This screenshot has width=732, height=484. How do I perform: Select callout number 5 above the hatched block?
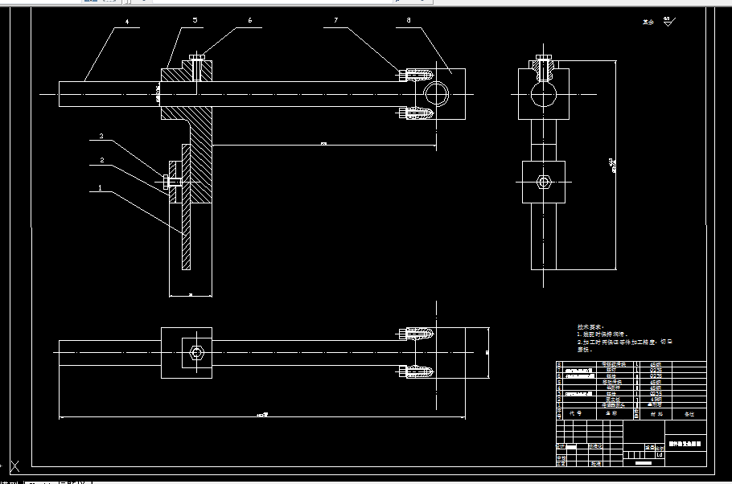coord(195,20)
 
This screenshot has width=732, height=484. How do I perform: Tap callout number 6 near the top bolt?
coord(249,20)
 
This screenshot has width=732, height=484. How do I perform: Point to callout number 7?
coord(335,20)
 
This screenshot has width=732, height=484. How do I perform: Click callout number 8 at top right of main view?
coord(409,20)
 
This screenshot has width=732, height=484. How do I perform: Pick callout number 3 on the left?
coord(101,137)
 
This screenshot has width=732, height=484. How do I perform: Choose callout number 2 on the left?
coord(101,160)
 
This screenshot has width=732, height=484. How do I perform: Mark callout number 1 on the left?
coord(100,187)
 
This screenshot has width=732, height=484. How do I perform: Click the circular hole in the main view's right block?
coord(438,94)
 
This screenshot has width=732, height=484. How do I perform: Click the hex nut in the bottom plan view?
coord(197,352)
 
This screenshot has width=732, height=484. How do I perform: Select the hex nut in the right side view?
coord(544,182)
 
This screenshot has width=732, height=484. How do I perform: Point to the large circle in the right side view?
coord(544,95)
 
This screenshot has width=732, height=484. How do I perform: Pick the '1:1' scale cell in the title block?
coord(659,454)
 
